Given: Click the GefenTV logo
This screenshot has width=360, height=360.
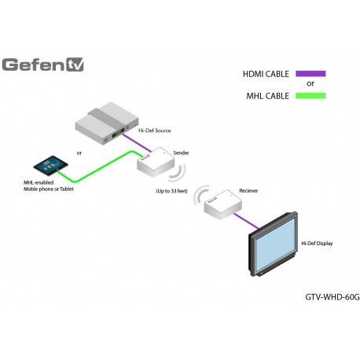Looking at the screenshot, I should (43, 64).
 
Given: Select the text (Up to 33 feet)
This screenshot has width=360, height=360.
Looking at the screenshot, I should (172, 191).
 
